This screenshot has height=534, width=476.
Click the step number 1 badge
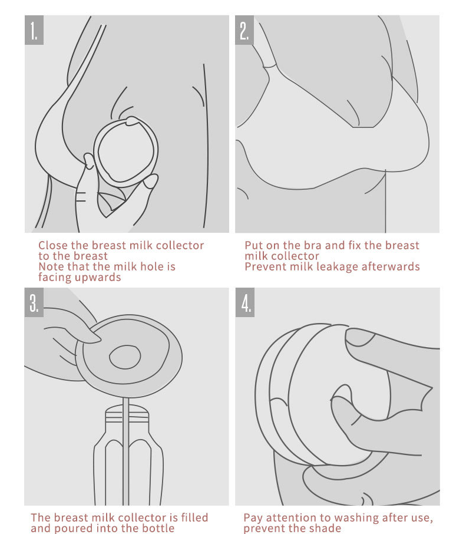pos(34,30)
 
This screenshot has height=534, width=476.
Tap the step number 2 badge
pos(244,30)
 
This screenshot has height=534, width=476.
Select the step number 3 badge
pos(34,302)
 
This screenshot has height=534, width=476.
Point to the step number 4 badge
pos(245,302)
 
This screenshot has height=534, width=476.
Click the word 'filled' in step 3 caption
pos(194,517)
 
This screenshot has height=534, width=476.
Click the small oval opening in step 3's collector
pos(125,357)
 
